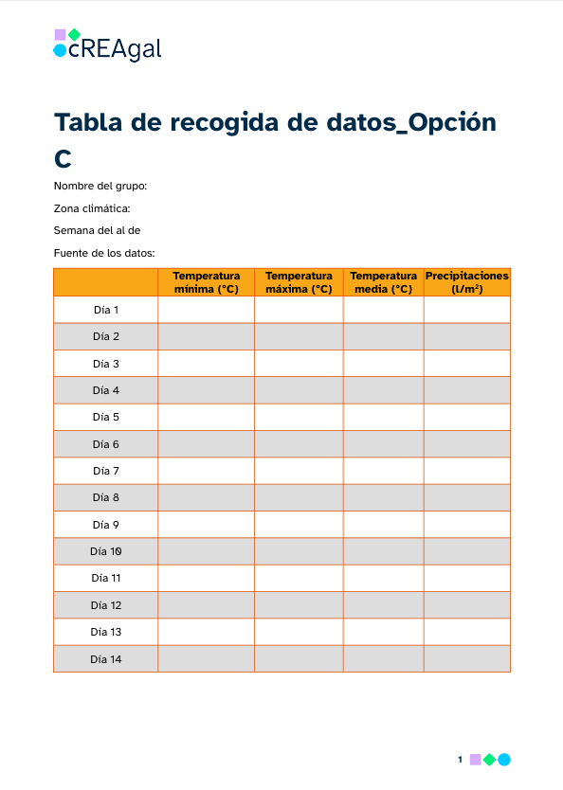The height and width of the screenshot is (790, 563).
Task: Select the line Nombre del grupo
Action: (100, 187)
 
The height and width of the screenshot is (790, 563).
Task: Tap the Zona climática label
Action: (92, 208)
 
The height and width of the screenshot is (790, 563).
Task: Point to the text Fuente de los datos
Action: (104, 253)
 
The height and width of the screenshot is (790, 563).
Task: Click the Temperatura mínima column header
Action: (206, 282)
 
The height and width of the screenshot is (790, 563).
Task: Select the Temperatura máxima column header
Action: (299, 282)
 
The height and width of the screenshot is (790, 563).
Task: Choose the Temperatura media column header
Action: (383, 282)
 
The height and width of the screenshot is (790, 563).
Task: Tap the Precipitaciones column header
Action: (466, 282)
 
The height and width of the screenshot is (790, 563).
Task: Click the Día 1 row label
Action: (106, 310)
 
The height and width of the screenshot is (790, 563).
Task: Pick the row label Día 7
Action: (106, 471)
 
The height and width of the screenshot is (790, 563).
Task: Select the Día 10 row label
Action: (106, 551)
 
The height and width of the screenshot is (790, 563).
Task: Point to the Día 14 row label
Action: (106, 659)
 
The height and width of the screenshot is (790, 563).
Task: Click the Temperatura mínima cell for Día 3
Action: (206, 364)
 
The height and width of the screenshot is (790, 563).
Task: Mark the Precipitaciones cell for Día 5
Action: (466, 417)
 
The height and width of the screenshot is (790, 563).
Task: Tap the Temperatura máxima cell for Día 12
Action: (299, 605)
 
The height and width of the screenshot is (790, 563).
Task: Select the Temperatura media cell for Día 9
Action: (383, 525)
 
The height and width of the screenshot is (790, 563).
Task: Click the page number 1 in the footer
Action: (460, 759)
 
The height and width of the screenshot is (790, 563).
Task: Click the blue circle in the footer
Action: (504, 759)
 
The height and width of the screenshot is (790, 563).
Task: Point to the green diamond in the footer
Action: (490, 759)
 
